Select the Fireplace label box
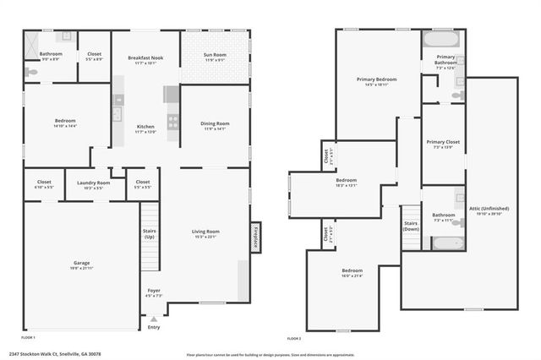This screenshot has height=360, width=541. [x=254, y=237]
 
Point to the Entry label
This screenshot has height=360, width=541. [x=153, y=328]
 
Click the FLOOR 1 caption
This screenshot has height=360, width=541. [x=30, y=337]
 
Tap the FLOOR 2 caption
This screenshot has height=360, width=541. [x=295, y=337]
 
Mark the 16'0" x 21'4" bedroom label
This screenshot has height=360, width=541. [x=353, y=273]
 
